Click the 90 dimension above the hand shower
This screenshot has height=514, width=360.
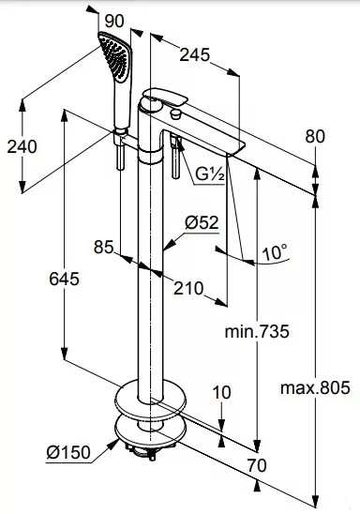pyautogui.click(x=114, y=22)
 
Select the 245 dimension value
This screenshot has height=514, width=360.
pyautogui.click(x=194, y=54)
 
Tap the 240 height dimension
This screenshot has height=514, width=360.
pyautogui.click(x=22, y=146)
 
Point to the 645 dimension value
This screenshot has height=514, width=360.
pyautogui.click(x=64, y=280)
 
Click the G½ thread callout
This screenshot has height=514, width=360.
pyautogui.click(x=210, y=174)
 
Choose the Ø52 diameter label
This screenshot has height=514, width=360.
pyautogui.click(x=202, y=223)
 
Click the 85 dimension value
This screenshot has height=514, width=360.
pyautogui.click(x=103, y=247)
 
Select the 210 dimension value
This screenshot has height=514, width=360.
pyautogui.click(x=188, y=289)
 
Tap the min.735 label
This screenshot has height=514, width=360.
pyautogui.click(x=257, y=331)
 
